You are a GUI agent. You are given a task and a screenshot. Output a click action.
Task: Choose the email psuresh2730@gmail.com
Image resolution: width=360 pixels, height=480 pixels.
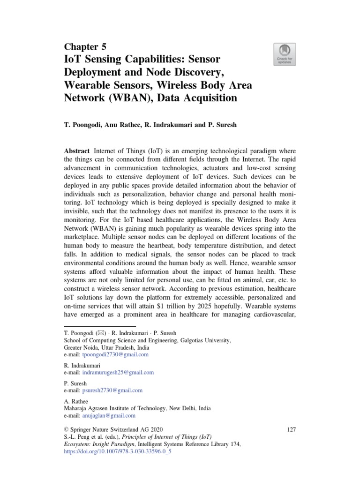[112, 390]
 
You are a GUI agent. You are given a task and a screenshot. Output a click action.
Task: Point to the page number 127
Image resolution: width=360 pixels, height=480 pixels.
[291, 430]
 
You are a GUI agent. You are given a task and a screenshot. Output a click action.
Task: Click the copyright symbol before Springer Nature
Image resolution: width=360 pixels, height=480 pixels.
[66, 430]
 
